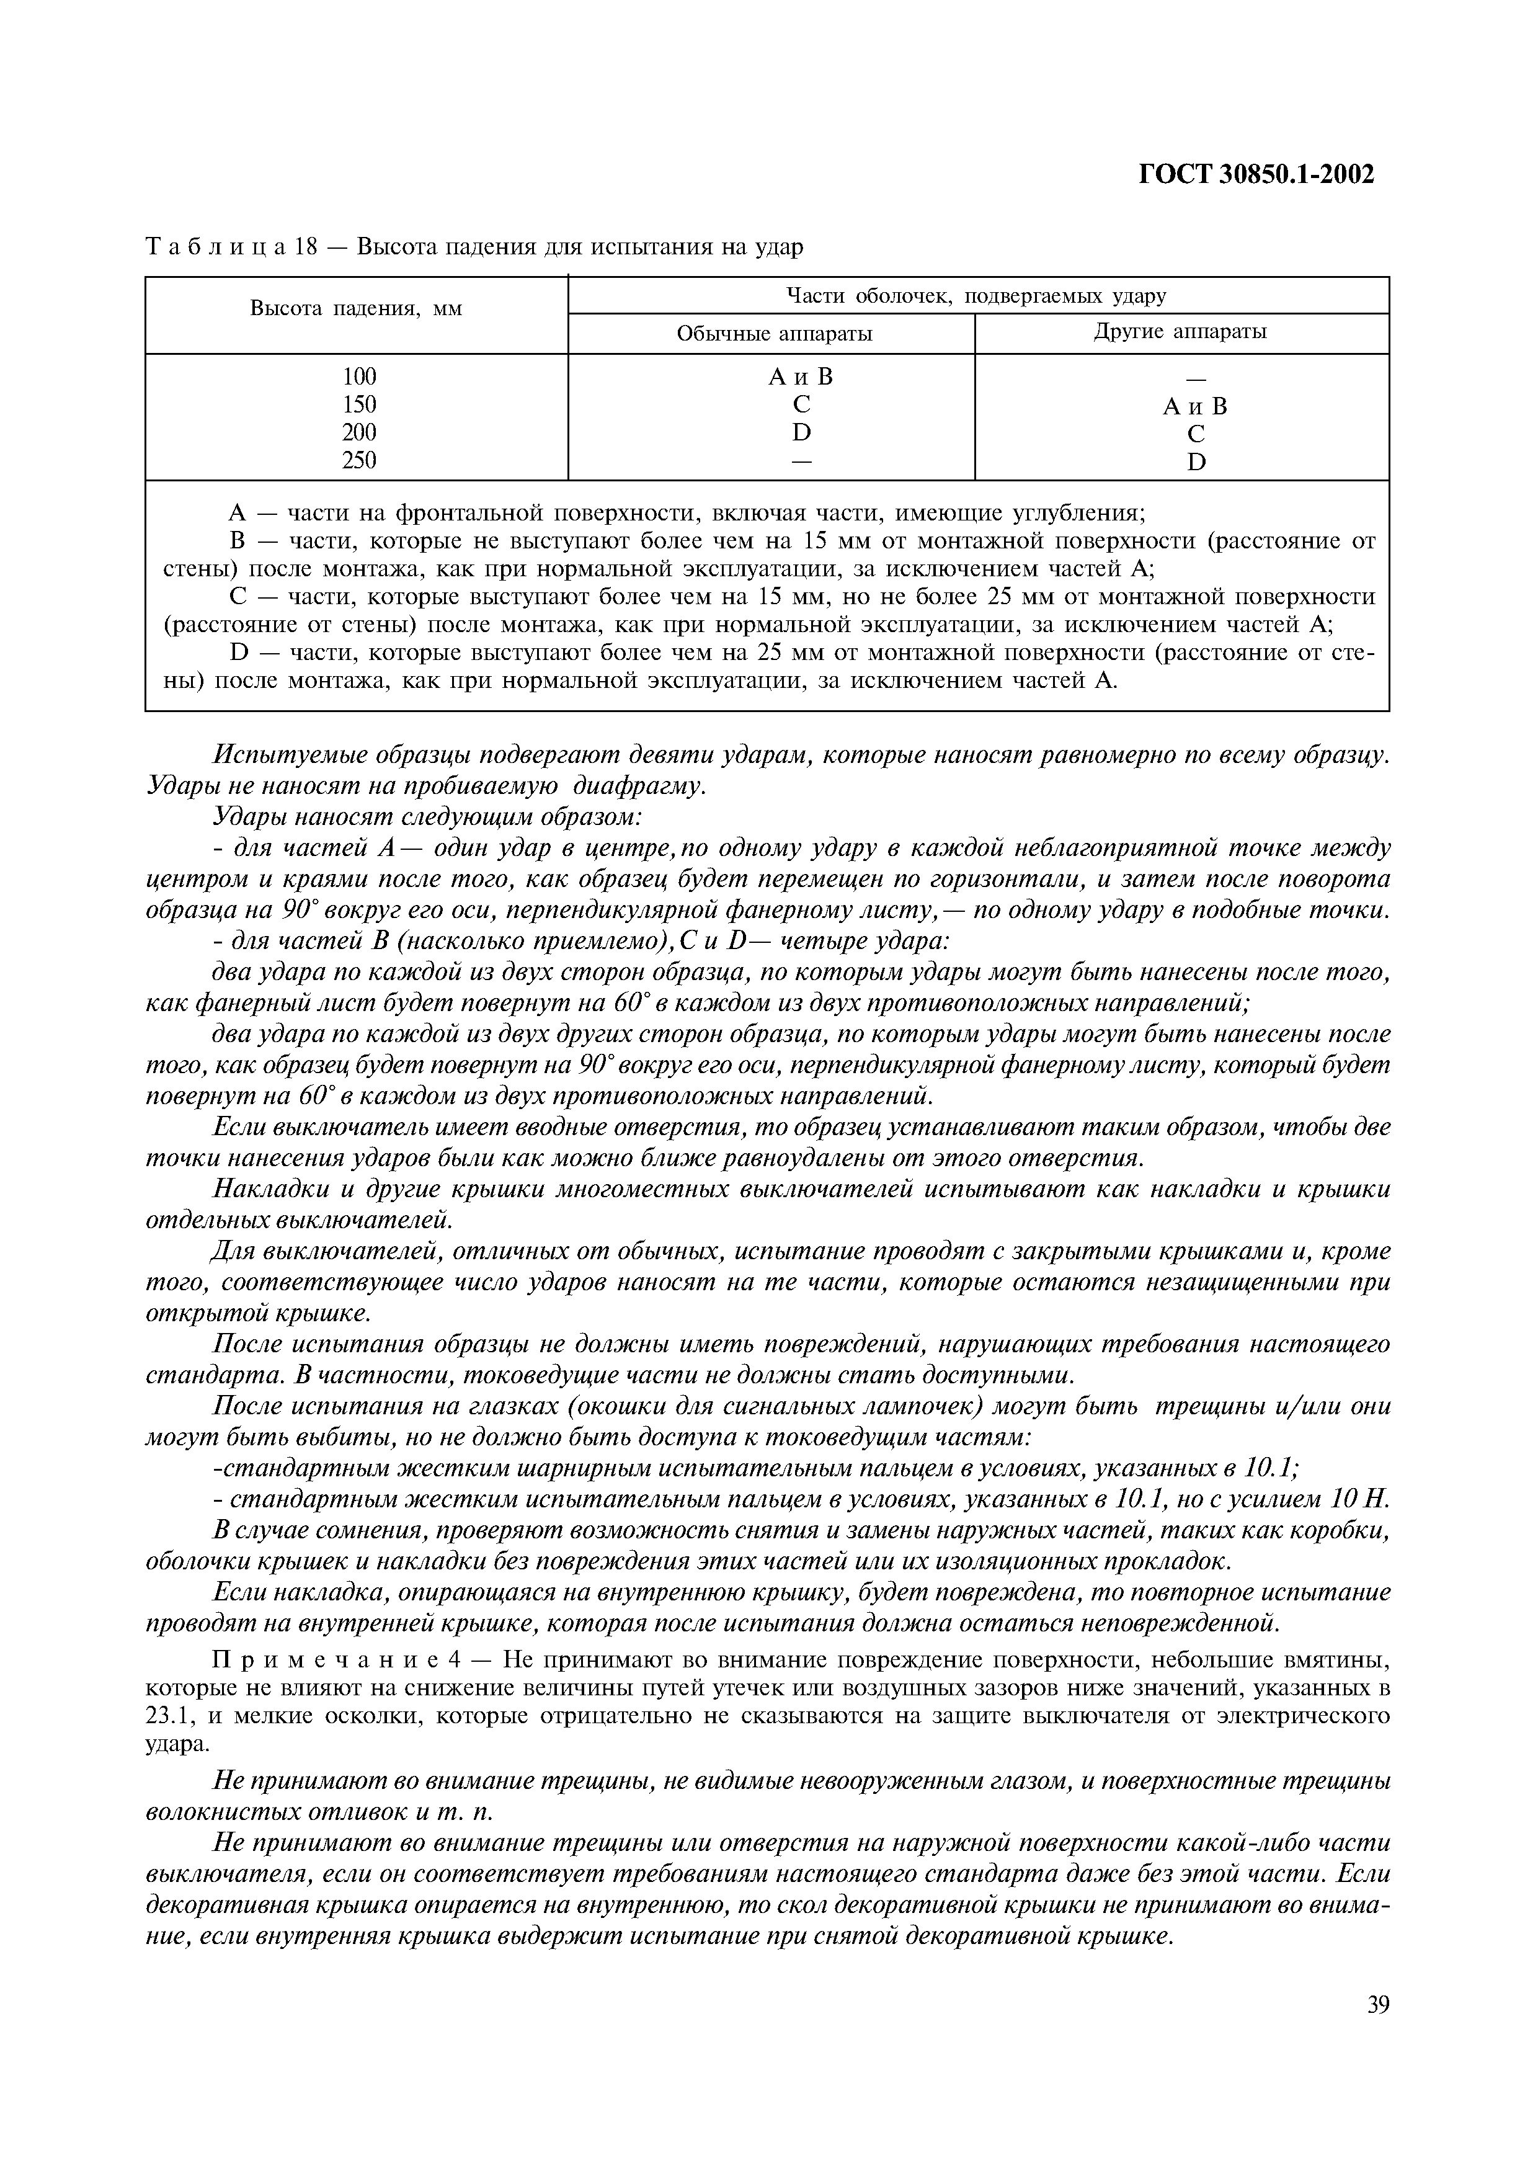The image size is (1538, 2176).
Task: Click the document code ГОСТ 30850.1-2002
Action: (x=1256, y=174)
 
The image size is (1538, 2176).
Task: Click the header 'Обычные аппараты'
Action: (x=773, y=334)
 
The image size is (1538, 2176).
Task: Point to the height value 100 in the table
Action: (x=359, y=377)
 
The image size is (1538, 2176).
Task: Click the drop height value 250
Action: (x=359, y=461)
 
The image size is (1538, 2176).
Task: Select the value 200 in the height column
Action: (x=359, y=432)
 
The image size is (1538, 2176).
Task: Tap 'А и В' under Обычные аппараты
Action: (x=801, y=377)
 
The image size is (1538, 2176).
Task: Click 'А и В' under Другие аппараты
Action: (x=1195, y=406)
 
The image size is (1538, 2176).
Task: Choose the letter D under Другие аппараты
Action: (x=1196, y=463)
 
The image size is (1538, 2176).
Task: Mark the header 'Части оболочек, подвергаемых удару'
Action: (x=977, y=296)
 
